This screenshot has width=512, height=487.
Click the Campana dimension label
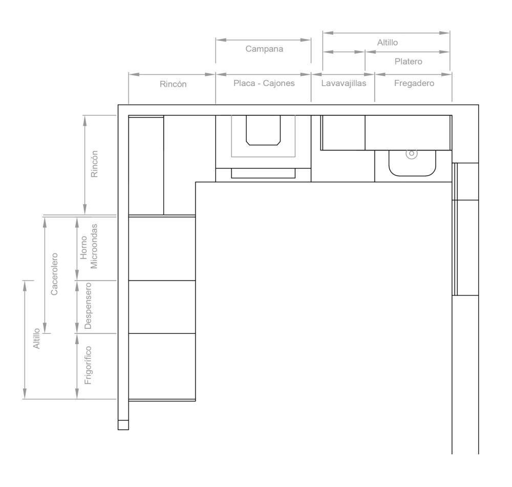[x=264, y=50]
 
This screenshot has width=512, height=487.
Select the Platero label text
[x=408, y=61]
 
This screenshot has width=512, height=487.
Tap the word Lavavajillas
[x=343, y=83]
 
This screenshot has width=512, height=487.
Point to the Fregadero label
[x=414, y=83]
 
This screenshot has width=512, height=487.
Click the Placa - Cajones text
[x=264, y=83]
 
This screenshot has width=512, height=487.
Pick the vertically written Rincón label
[x=94, y=164]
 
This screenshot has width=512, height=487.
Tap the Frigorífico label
[x=88, y=365]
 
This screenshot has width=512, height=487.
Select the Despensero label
[x=88, y=306]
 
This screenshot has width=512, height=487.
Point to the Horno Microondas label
[x=88, y=248]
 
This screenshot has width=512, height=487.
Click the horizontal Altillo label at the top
[x=387, y=43]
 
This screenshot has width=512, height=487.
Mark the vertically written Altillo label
[x=36, y=339]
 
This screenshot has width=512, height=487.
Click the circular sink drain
[x=411, y=153]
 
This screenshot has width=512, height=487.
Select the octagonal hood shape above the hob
[x=263, y=130]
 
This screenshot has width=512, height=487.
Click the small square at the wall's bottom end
[x=123, y=425]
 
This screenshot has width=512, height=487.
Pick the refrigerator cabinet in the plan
[x=162, y=366]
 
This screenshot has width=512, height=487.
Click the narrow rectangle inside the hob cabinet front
[x=263, y=173]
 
